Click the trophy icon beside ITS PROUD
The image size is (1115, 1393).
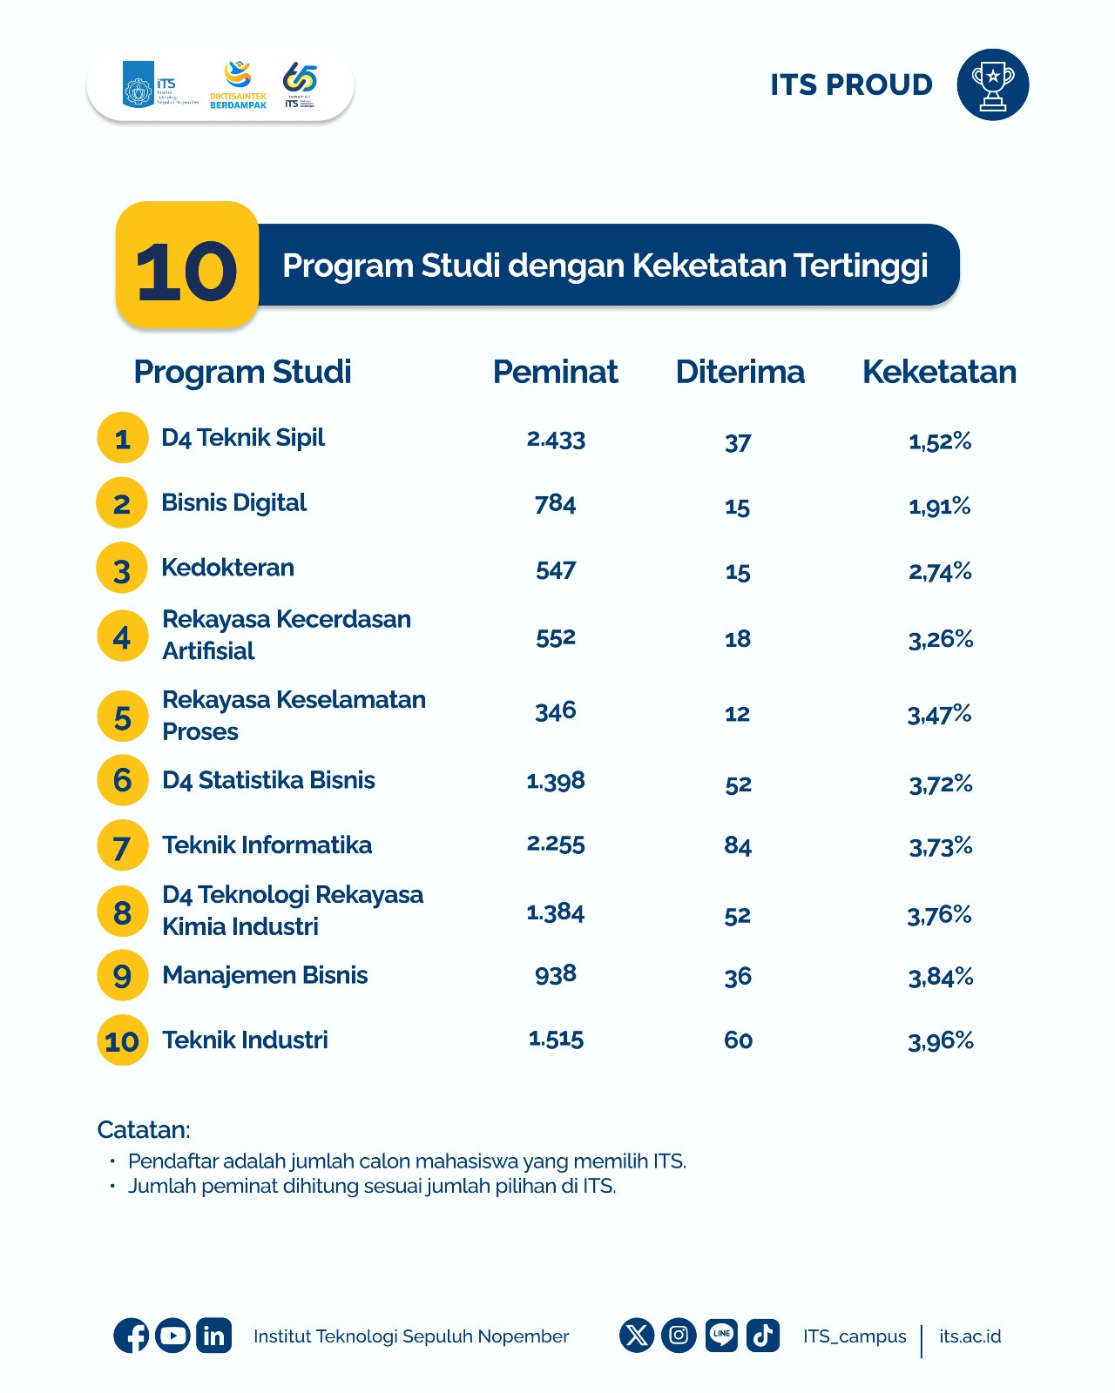pyautogui.click(x=992, y=84)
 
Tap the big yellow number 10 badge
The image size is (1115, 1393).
pyautogui.click(x=187, y=266)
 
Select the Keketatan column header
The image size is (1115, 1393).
pyautogui.click(x=939, y=372)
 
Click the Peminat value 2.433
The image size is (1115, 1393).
pyautogui.click(x=556, y=439)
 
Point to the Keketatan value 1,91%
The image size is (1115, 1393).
pyautogui.click(x=939, y=506)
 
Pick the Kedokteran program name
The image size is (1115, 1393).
pyautogui.click(x=228, y=568)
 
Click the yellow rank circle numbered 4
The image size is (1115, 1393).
pyautogui.click(x=122, y=636)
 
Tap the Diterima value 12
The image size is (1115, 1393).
pyautogui.click(x=737, y=714)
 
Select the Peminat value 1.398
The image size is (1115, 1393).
pyautogui.click(x=556, y=781)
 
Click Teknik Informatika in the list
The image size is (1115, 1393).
pyautogui.click(x=267, y=845)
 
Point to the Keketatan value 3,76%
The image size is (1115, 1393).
pyautogui.click(x=939, y=914)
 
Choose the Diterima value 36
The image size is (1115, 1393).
pyautogui.click(x=738, y=977)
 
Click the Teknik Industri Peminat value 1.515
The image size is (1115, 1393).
pyautogui.click(x=556, y=1039)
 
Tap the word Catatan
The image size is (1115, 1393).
pyautogui.click(x=143, y=1130)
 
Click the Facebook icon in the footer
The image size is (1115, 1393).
pyautogui.click(x=131, y=1336)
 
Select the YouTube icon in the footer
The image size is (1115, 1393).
pyautogui.click(x=172, y=1336)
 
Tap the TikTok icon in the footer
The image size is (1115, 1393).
pyautogui.click(x=763, y=1335)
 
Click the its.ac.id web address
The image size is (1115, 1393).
pyautogui.click(x=970, y=1336)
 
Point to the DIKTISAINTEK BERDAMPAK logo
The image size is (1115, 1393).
pyautogui.click(x=238, y=85)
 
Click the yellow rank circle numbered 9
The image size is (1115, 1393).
pyautogui.click(x=122, y=975)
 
